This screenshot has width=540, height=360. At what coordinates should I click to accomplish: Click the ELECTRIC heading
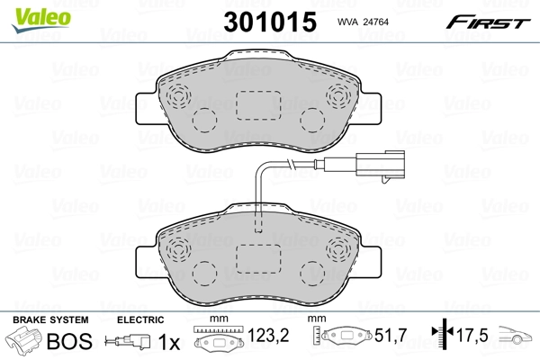click(140, 320)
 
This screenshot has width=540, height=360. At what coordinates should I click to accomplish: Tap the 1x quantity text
click(168, 343)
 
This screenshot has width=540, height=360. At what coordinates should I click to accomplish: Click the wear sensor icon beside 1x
click(126, 343)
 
